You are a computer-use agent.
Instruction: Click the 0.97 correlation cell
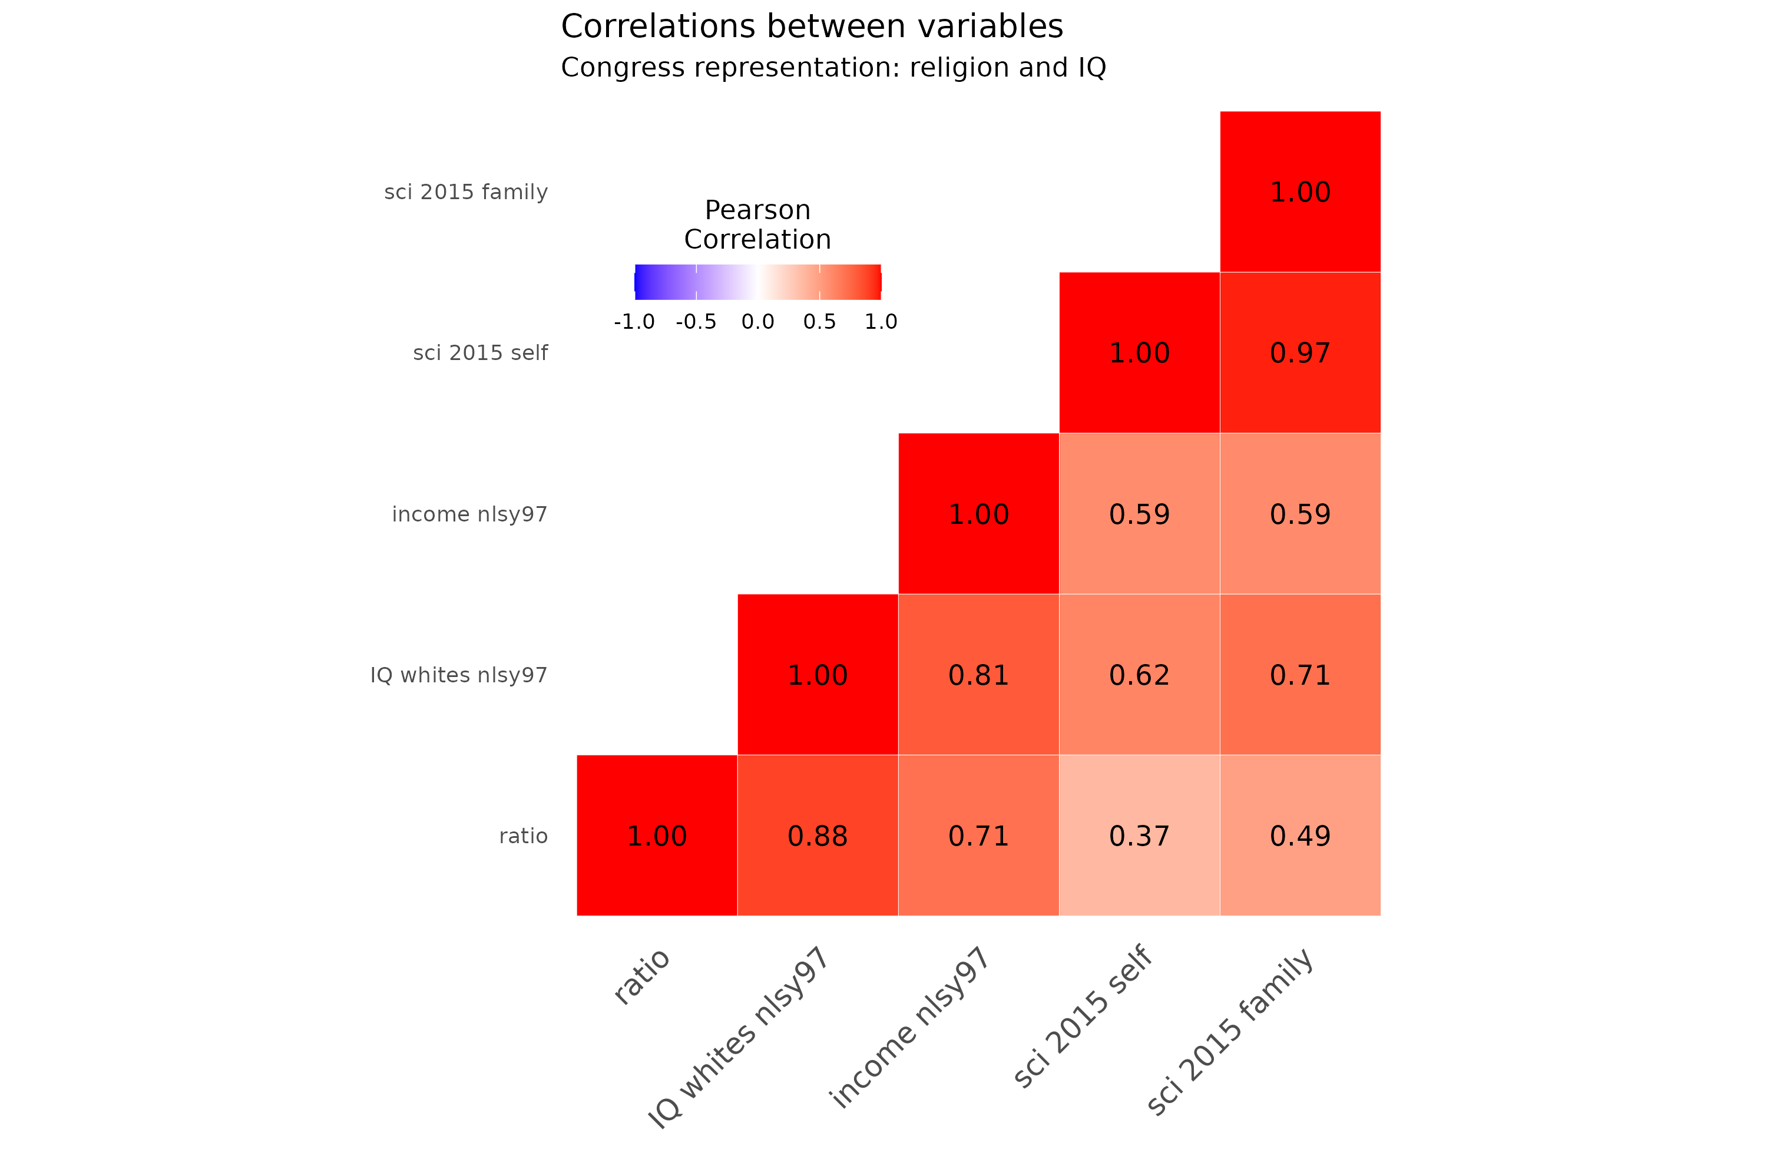(1300, 353)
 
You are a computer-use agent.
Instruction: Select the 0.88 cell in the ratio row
(818, 836)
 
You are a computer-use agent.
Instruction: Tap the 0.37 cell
(1139, 836)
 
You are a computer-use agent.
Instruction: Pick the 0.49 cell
(1300, 836)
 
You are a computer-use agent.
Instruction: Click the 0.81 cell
(978, 675)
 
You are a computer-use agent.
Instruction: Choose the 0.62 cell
(1139, 675)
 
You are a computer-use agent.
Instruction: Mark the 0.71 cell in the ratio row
(978, 836)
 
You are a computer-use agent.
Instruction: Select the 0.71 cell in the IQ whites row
(1300, 675)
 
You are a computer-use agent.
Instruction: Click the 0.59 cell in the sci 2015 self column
(1139, 514)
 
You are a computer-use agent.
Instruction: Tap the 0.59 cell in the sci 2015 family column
(1300, 514)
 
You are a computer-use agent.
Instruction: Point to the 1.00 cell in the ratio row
(656, 836)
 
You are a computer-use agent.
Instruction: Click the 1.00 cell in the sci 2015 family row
(1300, 191)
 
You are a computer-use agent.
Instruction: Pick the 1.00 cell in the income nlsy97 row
(978, 514)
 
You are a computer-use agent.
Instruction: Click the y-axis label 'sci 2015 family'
(465, 192)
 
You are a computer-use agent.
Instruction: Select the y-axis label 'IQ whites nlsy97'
(458, 675)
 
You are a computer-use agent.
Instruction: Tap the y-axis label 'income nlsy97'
(469, 514)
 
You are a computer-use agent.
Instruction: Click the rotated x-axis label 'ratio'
(642, 977)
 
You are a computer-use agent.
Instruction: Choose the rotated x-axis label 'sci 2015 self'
(1083, 1016)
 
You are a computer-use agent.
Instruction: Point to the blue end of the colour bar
(640, 282)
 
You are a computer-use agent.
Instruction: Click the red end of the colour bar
(876, 282)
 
